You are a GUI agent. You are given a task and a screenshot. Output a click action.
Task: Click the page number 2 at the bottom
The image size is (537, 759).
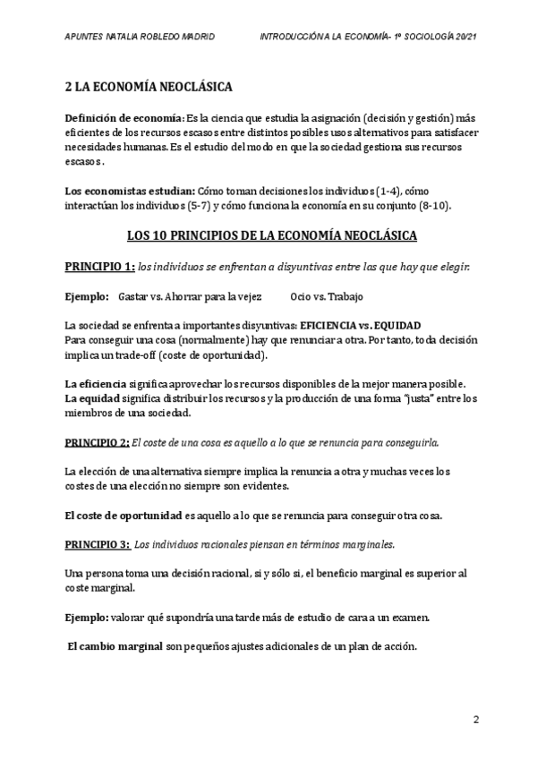tap(477, 719)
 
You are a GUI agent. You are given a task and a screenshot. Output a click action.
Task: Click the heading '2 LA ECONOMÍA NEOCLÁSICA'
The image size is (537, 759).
tap(149, 88)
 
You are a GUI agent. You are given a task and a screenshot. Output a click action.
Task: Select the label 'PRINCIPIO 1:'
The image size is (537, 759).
tap(100, 267)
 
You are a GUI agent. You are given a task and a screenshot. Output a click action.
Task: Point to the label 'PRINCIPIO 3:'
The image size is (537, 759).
tap(98, 544)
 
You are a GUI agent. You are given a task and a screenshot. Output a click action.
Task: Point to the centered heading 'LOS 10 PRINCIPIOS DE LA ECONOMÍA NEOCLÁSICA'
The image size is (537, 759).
tap(268, 237)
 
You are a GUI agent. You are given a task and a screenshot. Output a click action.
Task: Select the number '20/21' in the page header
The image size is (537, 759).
tap(463, 37)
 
